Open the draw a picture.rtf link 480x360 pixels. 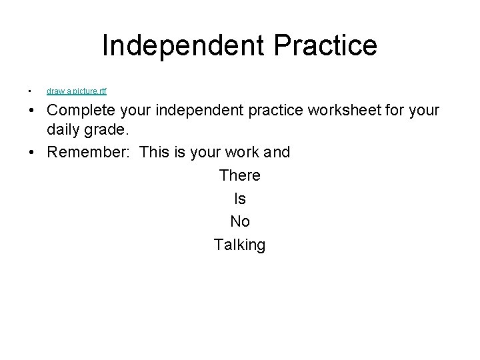76,91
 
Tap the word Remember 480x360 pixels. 89,152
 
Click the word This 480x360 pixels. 155,152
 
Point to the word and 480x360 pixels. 277,152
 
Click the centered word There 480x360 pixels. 239,175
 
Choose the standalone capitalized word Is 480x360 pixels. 239,199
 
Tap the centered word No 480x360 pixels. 239,222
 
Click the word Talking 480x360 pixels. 239,245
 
